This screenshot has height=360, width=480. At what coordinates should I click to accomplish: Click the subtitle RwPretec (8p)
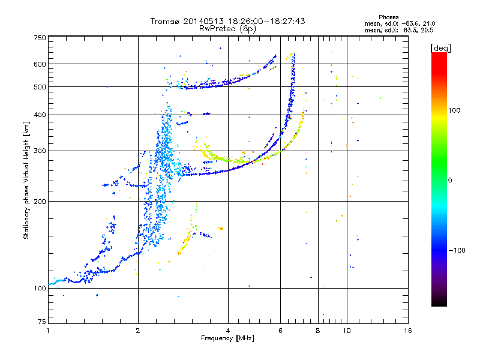(227, 29)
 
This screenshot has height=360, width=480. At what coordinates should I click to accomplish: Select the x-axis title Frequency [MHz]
(227, 338)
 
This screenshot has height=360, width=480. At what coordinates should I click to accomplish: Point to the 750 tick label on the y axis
(40, 38)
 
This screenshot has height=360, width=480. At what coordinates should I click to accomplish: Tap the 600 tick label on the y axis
(40, 64)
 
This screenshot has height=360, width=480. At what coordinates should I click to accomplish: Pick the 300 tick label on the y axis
(40, 151)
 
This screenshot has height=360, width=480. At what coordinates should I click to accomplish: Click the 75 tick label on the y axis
(42, 322)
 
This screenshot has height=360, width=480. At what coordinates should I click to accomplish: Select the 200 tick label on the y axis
(40, 202)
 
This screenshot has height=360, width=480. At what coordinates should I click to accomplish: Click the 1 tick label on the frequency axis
(48, 331)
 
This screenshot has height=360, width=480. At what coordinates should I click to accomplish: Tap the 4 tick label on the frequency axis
(228, 331)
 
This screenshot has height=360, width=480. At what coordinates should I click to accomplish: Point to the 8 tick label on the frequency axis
(318, 331)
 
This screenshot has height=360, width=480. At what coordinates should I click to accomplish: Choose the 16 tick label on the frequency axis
(408, 331)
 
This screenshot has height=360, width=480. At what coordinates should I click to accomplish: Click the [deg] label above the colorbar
(440, 48)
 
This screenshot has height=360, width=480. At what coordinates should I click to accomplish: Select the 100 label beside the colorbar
(454, 110)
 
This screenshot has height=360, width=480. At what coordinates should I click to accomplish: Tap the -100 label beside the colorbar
(457, 250)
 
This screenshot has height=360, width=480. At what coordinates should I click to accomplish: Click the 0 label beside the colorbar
(450, 181)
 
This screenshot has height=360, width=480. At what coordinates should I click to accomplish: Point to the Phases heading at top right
(388, 17)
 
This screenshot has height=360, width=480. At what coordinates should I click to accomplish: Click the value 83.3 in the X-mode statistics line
(410, 31)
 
